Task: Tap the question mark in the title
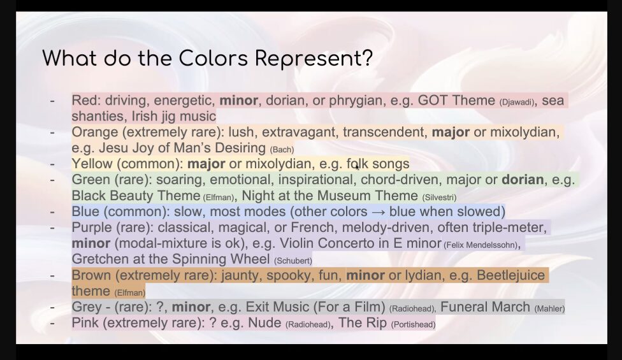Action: click(367, 58)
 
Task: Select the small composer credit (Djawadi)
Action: click(516, 102)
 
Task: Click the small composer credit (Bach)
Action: click(282, 150)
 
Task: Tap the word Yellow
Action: click(92, 163)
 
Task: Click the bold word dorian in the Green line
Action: click(523, 180)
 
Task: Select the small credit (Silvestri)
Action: click(439, 197)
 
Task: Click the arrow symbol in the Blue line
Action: click(378, 212)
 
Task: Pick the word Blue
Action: click(85, 212)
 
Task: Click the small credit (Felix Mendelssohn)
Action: click(482, 245)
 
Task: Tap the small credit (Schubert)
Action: click(293, 261)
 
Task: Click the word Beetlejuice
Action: click(510, 275)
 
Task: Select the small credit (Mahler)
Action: click(549, 308)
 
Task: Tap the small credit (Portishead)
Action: click(414, 324)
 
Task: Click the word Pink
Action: click(85, 322)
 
